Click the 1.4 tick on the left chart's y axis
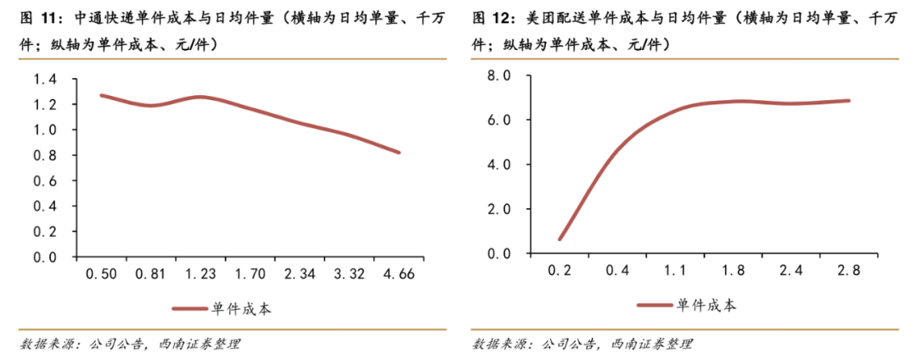tap(44, 79)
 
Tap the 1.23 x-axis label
tap(201, 274)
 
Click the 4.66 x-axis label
tap(400, 274)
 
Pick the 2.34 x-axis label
tap(301, 274)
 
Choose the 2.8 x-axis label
tap(849, 270)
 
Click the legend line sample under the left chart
tap(190, 310)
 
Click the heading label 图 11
tap(38, 16)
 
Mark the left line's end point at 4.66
tap(399, 153)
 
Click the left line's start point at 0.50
tap(101, 95)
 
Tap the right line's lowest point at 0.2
tap(559, 239)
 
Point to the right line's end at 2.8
tap(849, 100)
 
